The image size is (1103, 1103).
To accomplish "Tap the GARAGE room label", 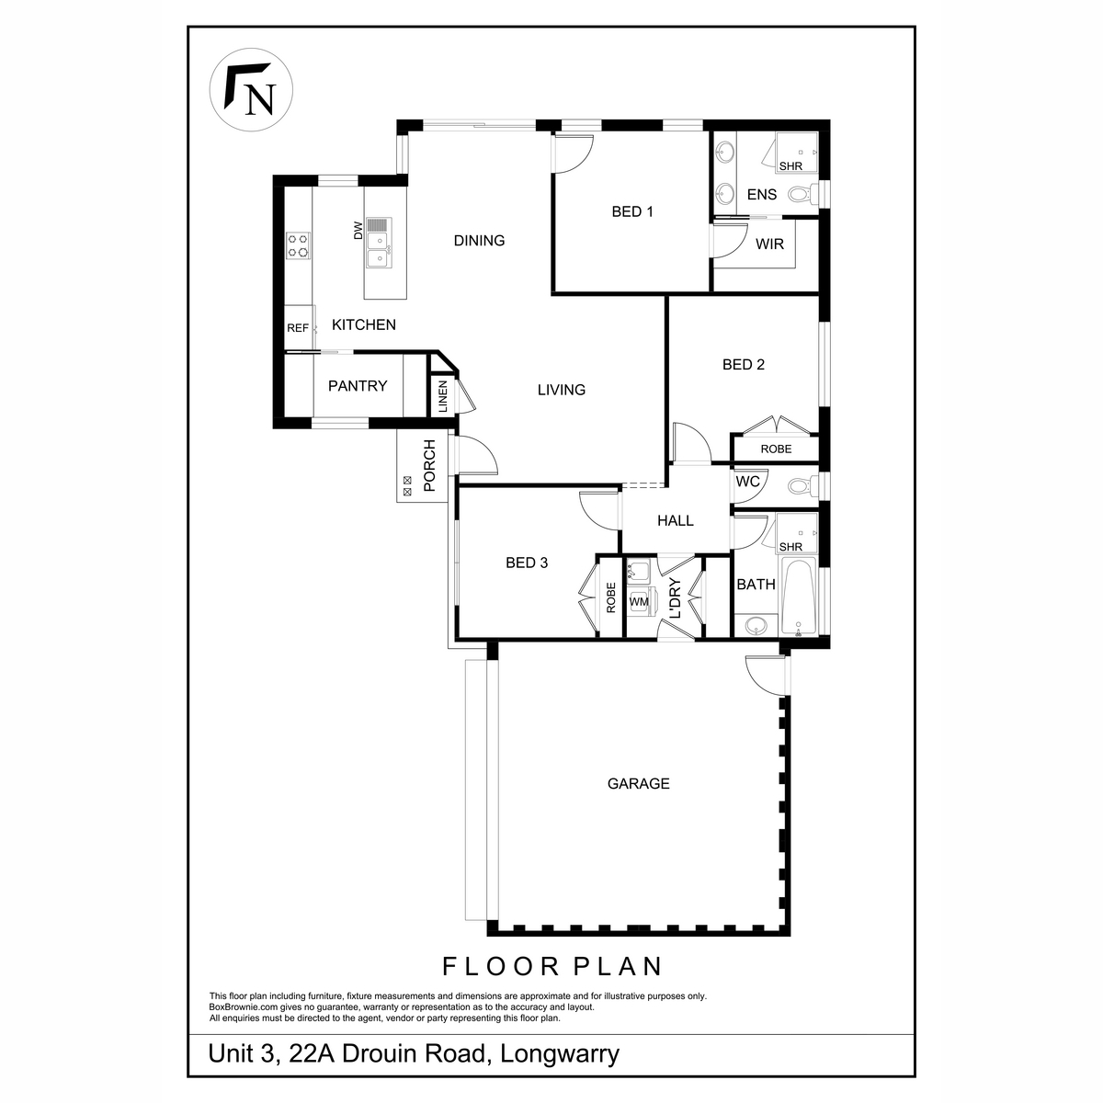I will coord(638,784).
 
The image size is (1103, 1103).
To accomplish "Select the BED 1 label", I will coord(632,212).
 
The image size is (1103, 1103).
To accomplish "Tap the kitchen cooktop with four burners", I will coord(298,244).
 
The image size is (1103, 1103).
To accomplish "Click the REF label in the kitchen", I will coord(297,328).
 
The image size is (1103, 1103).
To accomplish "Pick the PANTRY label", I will coord(358,386).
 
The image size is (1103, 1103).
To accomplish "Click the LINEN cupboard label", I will coord(442,396).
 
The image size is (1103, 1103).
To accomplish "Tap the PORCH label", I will coord(428,467).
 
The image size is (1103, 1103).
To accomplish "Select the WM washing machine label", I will coord(639,602).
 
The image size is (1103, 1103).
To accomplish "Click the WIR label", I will coord(769,244).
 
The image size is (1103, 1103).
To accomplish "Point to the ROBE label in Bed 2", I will coord(776,449).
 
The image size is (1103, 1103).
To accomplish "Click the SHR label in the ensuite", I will coord(790,166).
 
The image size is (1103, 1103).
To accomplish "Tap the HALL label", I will coord(675,520).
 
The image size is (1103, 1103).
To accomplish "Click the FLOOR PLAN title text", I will coord(552,966).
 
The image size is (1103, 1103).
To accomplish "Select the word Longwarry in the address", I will coord(559,1053).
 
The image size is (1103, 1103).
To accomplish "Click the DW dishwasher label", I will coord(358,233).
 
